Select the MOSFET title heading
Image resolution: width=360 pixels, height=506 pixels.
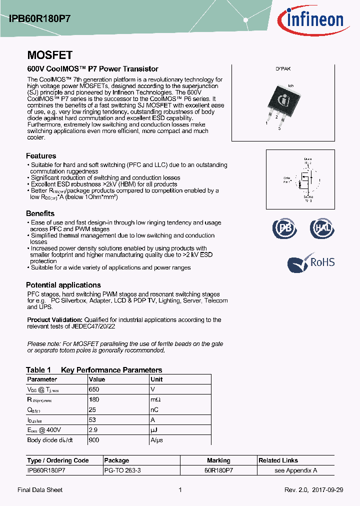click(49, 55)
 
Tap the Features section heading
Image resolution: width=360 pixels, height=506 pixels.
click(41, 156)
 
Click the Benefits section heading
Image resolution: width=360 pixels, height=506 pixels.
click(40, 213)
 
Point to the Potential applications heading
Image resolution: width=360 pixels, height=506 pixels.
click(63, 285)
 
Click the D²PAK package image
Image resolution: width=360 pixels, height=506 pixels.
click(282, 105)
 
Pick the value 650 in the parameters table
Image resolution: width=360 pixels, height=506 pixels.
click(94, 389)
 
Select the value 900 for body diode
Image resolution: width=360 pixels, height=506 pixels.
click(94, 440)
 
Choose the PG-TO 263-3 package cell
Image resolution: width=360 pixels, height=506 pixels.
click(123, 470)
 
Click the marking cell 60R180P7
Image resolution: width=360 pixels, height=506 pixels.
click(218, 470)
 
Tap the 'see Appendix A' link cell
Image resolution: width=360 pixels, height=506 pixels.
click(295, 470)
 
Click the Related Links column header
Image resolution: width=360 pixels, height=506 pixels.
click(278, 460)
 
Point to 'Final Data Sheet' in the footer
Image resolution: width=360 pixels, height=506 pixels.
click(40, 490)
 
